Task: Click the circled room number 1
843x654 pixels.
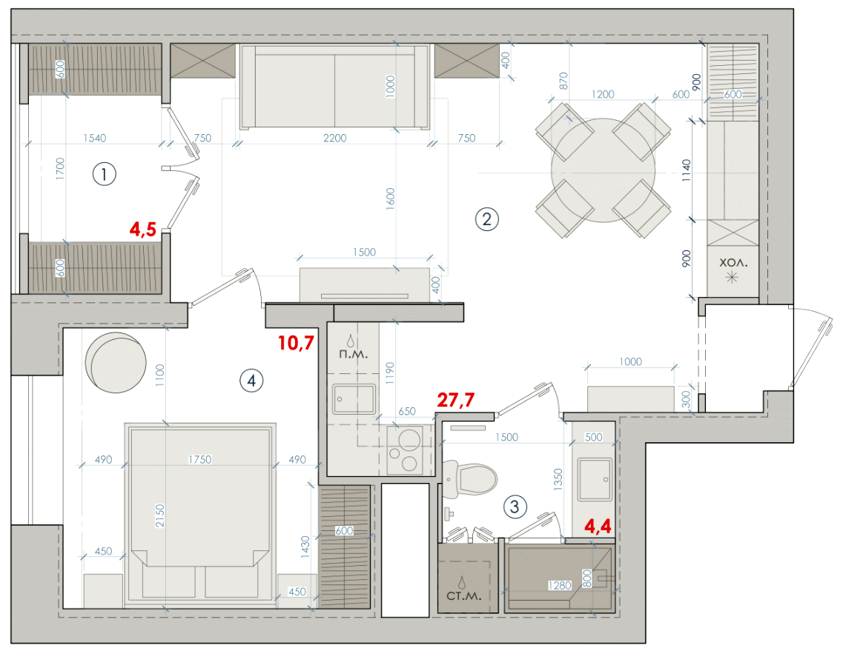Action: (x=105, y=174)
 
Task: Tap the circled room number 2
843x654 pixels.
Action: (x=487, y=219)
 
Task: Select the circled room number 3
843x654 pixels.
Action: (x=515, y=507)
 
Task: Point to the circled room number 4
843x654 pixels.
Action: (x=251, y=381)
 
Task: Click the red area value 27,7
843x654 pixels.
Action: (x=456, y=399)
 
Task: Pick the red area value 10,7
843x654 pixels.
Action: (x=296, y=343)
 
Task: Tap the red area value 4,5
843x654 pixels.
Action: (x=143, y=230)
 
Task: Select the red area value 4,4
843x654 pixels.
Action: (x=598, y=526)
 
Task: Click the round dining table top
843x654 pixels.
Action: (x=604, y=170)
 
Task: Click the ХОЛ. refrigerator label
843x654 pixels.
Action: (x=733, y=263)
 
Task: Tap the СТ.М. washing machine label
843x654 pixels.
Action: (x=464, y=596)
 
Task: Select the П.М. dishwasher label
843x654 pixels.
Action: (x=353, y=354)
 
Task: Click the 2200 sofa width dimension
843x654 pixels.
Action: (x=334, y=138)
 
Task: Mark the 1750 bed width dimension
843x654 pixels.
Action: (x=199, y=460)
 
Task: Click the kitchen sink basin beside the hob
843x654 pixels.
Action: (x=353, y=399)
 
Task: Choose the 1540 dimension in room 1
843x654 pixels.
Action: (x=95, y=138)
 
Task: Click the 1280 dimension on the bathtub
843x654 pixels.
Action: (x=559, y=585)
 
